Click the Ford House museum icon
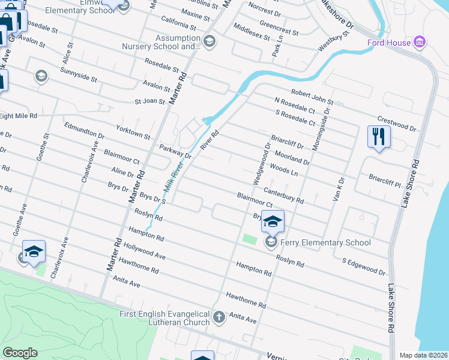(x=420, y=43)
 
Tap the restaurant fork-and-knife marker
(x=378, y=136)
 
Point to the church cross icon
(x=219, y=316)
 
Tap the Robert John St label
(x=312, y=93)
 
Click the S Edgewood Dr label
(x=363, y=268)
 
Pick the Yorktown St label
(x=133, y=133)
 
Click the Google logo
(x=20, y=353)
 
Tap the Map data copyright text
(x=423, y=355)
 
